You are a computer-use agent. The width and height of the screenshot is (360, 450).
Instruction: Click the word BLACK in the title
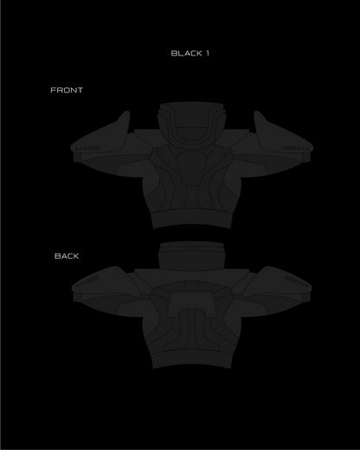(186, 54)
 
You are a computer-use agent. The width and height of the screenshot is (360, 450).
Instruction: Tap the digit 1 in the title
(208, 54)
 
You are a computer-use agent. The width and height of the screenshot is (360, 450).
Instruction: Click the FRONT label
(67, 90)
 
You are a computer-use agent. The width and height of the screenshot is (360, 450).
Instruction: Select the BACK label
(67, 256)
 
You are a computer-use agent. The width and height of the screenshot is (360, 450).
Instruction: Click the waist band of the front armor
(191, 219)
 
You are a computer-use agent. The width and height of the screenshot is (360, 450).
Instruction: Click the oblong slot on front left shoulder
(93, 148)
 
